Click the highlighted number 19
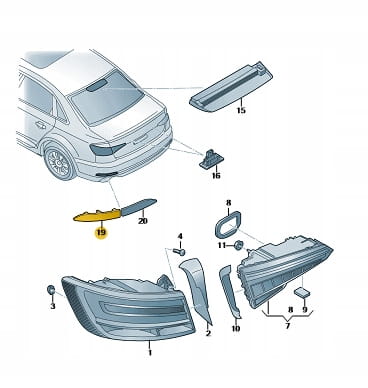(101, 232)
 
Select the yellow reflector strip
(97, 215)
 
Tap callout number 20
(143, 221)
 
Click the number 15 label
(241, 110)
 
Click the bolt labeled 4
(180, 252)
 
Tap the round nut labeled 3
(51, 290)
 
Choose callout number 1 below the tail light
(150, 352)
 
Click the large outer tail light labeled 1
(128, 307)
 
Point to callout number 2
(208, 332)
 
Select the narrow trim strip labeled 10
(230, 291)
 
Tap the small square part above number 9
(302, 292)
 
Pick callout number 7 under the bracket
(287, 325)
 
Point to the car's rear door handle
(41, 125)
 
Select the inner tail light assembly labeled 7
(285, 272)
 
